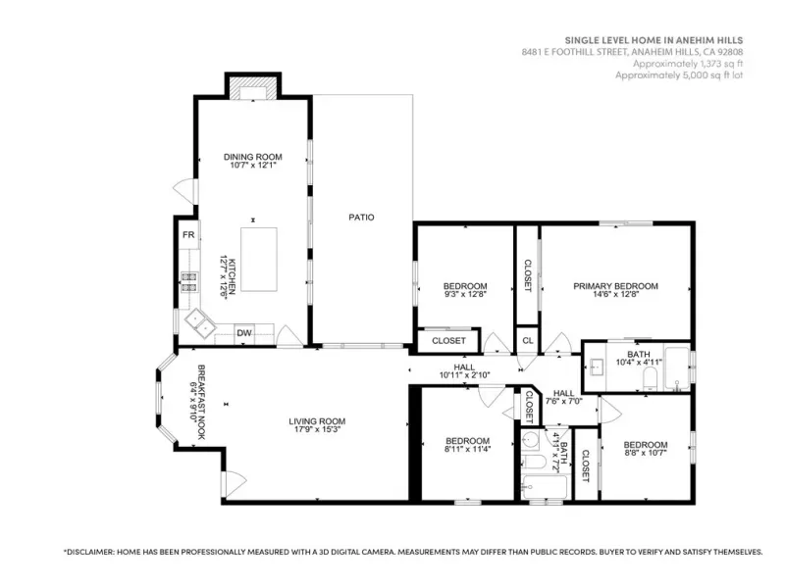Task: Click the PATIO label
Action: point(361,217)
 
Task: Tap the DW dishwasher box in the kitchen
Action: point(244,333)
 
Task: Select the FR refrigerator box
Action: point(188,234)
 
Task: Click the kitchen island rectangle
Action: point(259,260)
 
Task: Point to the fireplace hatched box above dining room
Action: point(253,88)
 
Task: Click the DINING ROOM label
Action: point(253,157)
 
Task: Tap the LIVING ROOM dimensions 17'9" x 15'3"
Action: point(317,429)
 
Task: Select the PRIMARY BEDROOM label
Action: point(616,286)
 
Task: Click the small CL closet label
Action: point(528,340)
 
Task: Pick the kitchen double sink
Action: point(200,322)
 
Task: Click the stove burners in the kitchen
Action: point(188,281)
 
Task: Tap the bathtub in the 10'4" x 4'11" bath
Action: point(677,368)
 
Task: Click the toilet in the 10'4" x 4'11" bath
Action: point(649,379)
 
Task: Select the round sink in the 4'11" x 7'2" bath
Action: point(530,440)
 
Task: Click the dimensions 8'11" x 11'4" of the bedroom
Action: point(468,449)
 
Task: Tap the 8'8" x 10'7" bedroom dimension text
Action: point(646,453)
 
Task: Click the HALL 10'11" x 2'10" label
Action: point(464,371)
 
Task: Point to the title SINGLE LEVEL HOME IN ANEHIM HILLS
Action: point(654,40)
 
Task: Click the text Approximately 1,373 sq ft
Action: point(688,64)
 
